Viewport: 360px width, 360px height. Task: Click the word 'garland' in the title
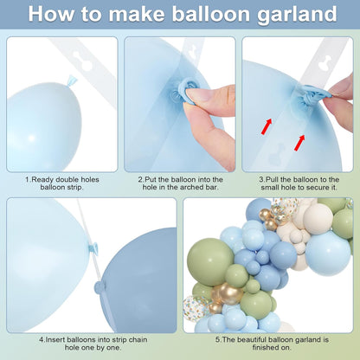tap(297, 15)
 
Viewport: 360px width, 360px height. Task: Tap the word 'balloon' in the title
tap(211, 13)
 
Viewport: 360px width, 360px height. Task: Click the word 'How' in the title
tap(51, 14)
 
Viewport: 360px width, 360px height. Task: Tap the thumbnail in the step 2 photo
tap(197, 95)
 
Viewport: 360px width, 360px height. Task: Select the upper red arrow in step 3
tap(267, 126)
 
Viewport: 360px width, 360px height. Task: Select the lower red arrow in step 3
tap(299, 143)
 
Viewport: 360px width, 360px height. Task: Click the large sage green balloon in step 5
tap(210, 261)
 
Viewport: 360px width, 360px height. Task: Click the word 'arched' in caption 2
tap(192, 187)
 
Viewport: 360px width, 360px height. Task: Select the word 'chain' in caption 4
tap(138, 339)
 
